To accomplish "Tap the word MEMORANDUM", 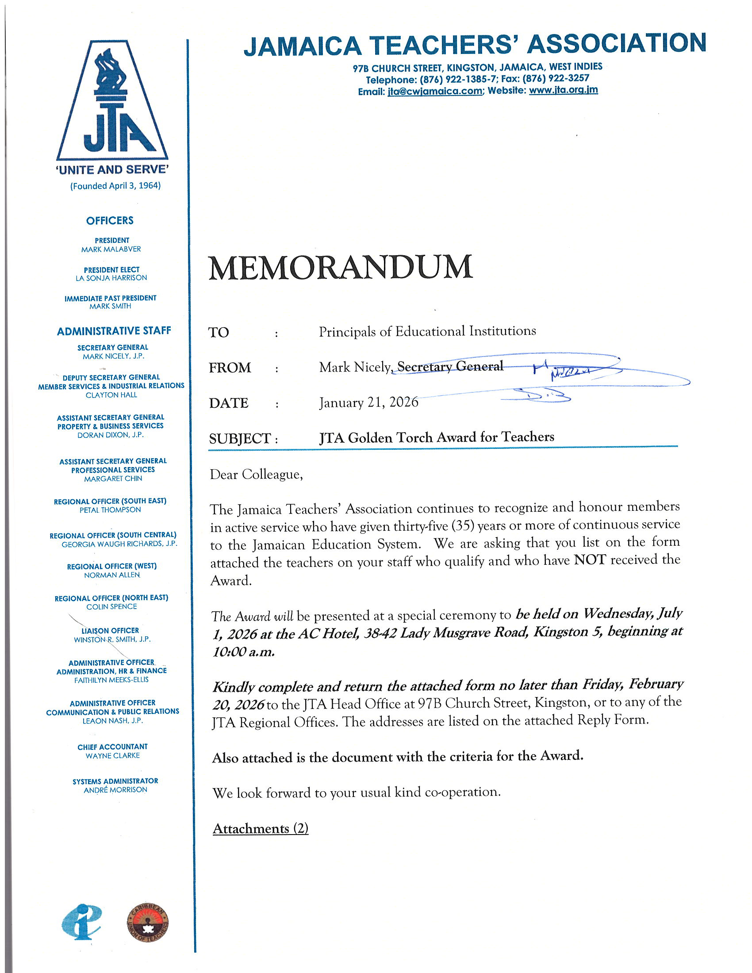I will pyautogui.click(x=341, y=268).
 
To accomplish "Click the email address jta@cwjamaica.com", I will pyautogui.click(x=434, y=92).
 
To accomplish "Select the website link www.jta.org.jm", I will pyautogui.click(x=563, y=90).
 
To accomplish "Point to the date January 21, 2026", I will pyautogui.click(x=368, y=402).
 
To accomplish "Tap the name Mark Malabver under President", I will pyautogui.click(x=111, y=249).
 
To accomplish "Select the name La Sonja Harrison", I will pyautogui.click(x=111, y=278).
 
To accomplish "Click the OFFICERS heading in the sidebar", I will pyautogui.click(x=110, y=221).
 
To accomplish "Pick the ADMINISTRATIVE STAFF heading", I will pyautogui.click(x=114, y=331).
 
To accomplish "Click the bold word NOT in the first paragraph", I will pyautogui.click(x=590, y=559).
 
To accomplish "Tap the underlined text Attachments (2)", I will pyautogui.click(x=261, y=829).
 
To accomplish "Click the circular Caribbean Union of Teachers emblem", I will pyautogui.click(x=148, y=923).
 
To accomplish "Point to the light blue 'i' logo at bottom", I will pyautogui.click(x=82, y=921).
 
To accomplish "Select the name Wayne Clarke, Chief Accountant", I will pyautogui.click(x=113, y=755).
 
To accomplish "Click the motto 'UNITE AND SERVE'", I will pyautogui.click(x=112, y=170).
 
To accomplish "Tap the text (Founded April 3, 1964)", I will pyautogui.click(x=115, y=186).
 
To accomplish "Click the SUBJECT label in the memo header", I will pyautogui.click(x=240, y=439).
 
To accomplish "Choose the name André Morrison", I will pyautogui.click(x=115, y=790).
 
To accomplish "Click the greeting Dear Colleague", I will pyautogui.click(x=256, y=475).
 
